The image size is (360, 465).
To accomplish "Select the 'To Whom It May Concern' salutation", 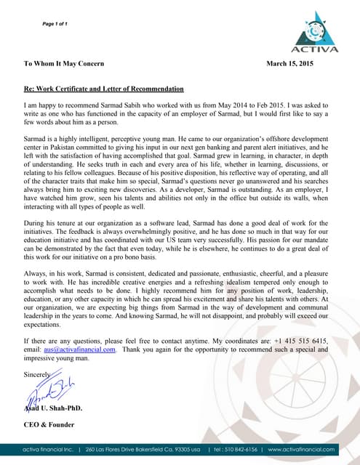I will point(64,64).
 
